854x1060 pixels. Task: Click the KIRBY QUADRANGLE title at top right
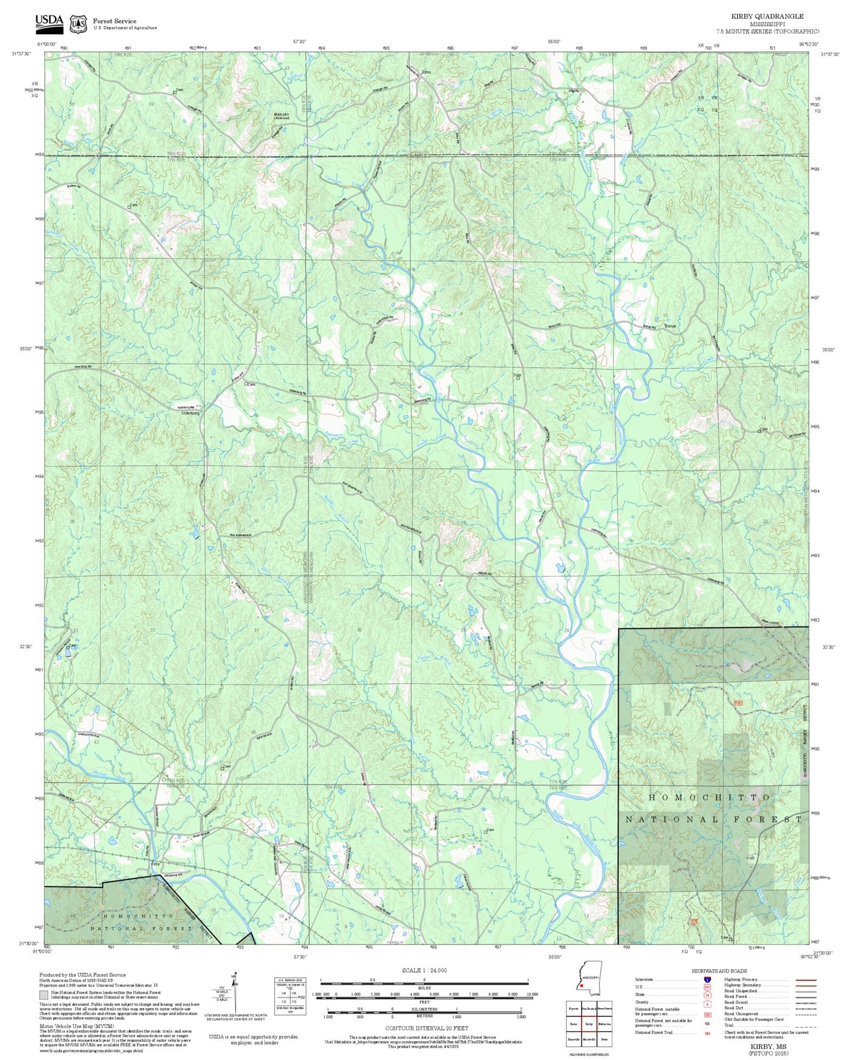pos(767,17)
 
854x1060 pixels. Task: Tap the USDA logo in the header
pos(49,22)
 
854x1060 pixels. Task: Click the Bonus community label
pos(670,326)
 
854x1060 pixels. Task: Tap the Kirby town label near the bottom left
pos(156,864)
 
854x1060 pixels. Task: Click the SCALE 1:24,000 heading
pos(424,970)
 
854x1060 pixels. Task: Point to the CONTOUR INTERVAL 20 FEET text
pos(426,1029)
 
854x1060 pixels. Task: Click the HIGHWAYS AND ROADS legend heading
pos(719,971)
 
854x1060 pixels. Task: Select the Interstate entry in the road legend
pos(644,979)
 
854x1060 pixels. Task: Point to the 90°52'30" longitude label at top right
pos(809,44)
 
